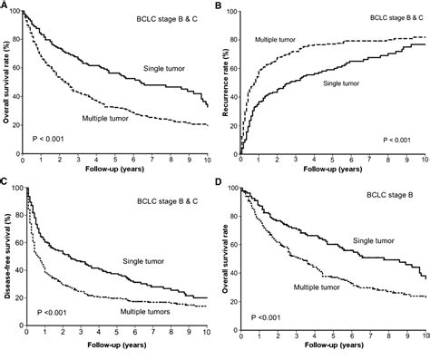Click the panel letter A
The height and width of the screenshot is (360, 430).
(5, 5)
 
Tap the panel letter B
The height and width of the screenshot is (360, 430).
(220, 5)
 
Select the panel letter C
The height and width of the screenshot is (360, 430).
(5, 184)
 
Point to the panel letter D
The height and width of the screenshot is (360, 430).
(220, 184)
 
